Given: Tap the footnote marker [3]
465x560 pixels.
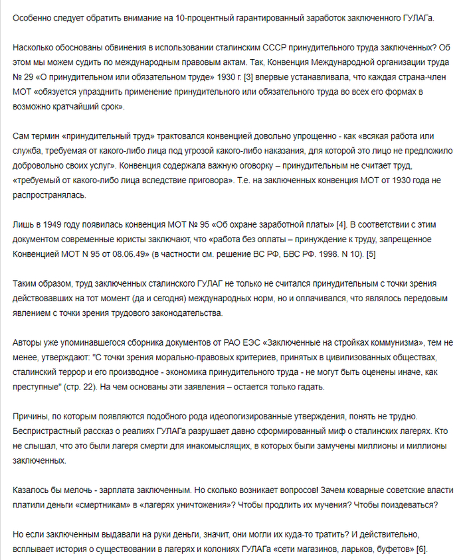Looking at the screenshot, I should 248,78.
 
